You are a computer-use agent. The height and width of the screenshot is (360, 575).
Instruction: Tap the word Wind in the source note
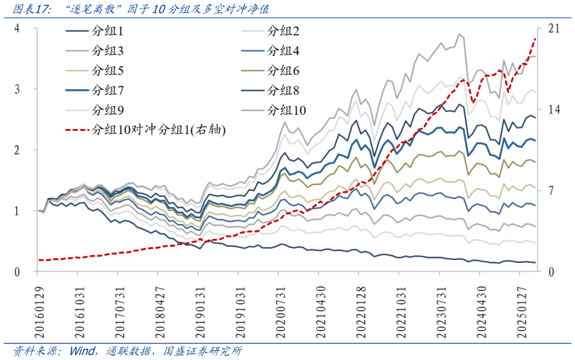(x=82, y=351)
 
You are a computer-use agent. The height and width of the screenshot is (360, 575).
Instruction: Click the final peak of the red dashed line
(x=534, y=38)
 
